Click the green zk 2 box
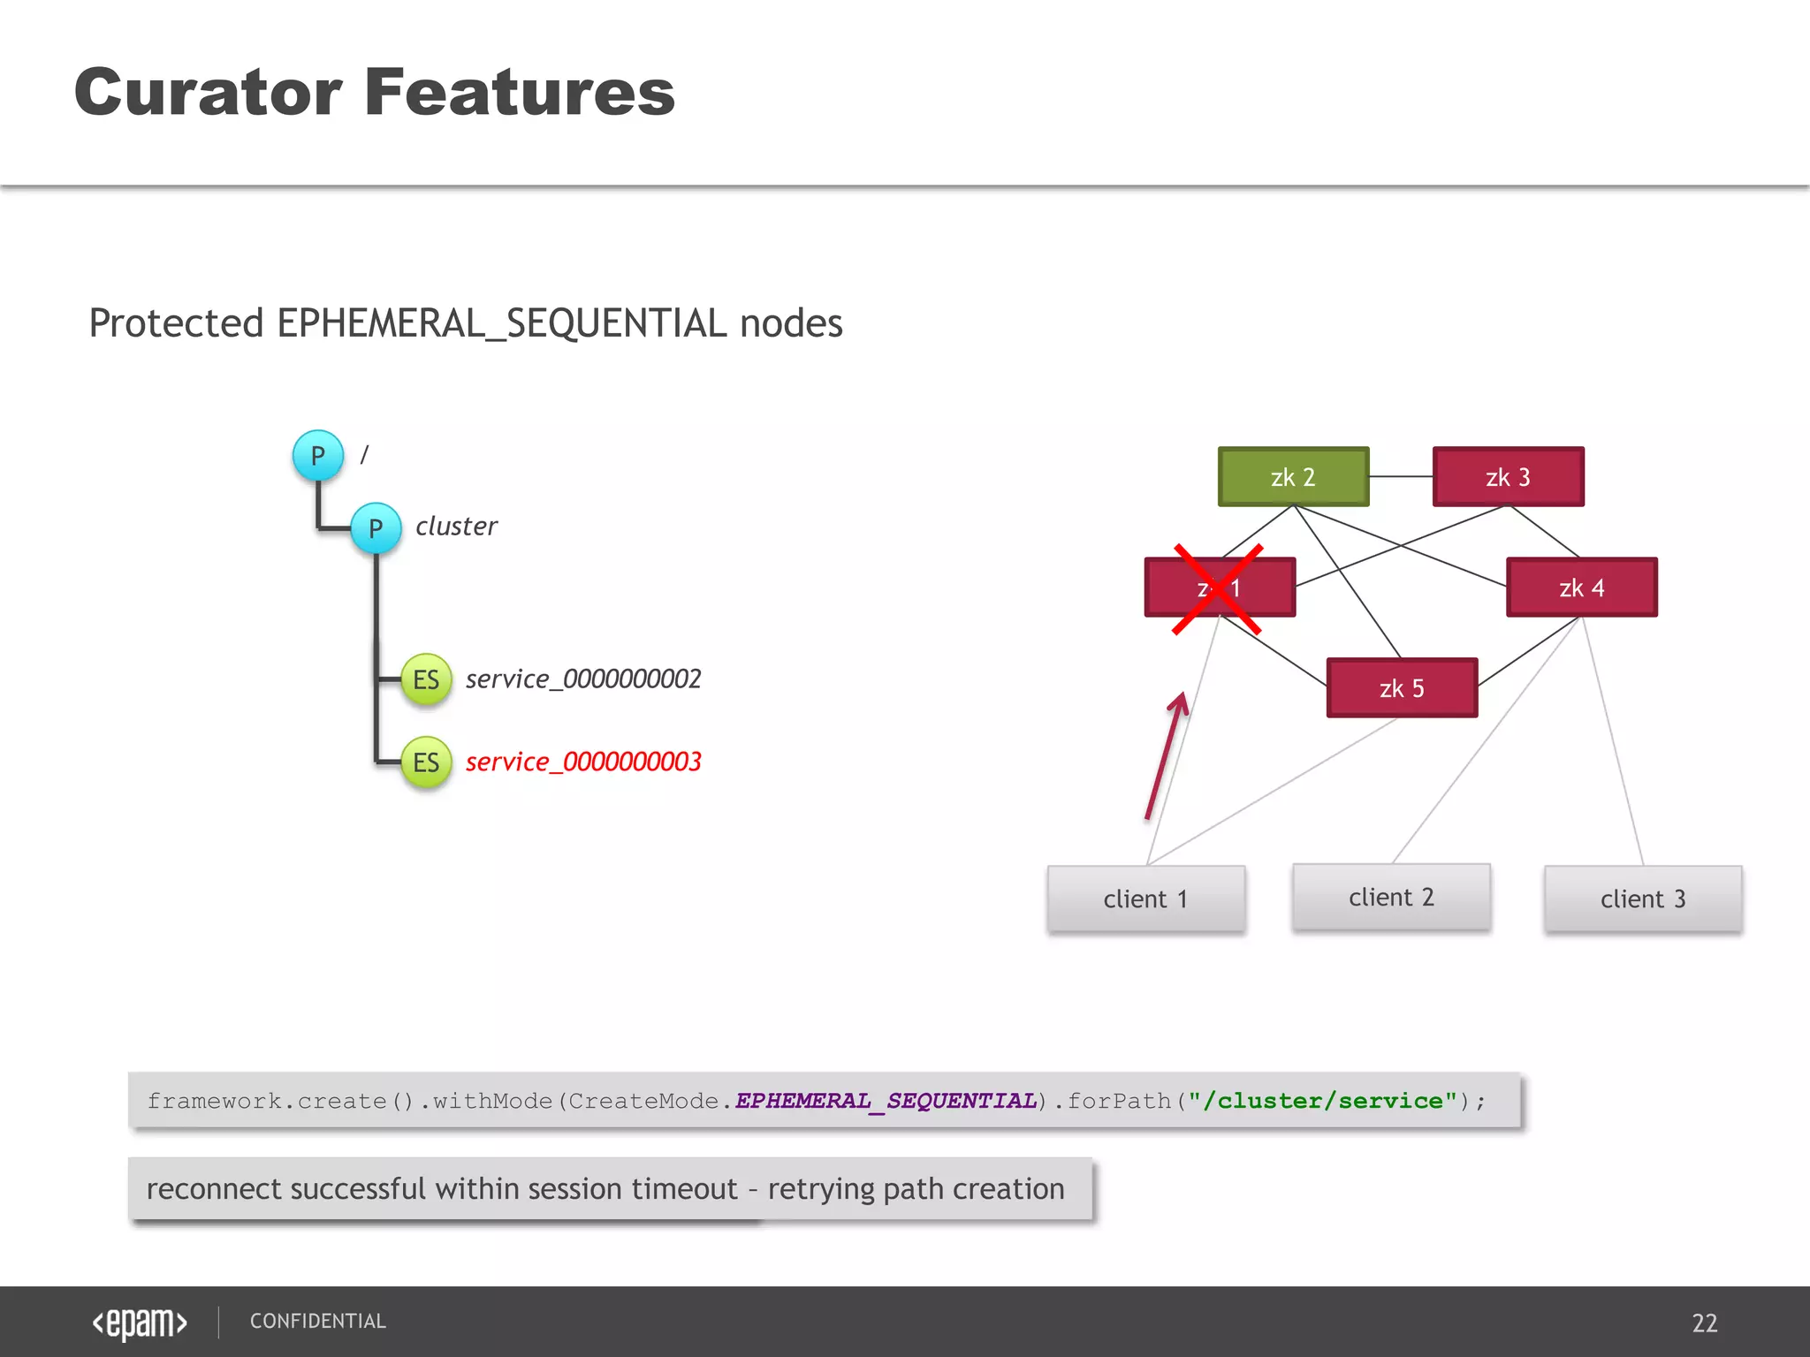click(1293, 477)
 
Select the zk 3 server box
click(1508, 477)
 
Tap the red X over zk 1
click(1217, 589)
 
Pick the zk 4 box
click(1581, 588)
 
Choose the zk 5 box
click(1402, 688)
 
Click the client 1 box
click(1145, 899)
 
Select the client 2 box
click(1391, 898)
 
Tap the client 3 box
click(1643, 899)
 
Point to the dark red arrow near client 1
click(1165, 758)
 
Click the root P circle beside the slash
click(317, 456)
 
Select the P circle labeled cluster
click(376, 528)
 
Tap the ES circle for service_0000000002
click(426, 679)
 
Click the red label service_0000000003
click(583, 762)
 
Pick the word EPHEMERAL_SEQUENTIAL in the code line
click(886, 1101)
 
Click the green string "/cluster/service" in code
click(1322, 1101)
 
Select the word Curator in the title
click(209, 92)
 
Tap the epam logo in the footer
click(140, 1323)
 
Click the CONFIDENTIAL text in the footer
click(318, 1321)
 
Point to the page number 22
click(1704, 1323)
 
